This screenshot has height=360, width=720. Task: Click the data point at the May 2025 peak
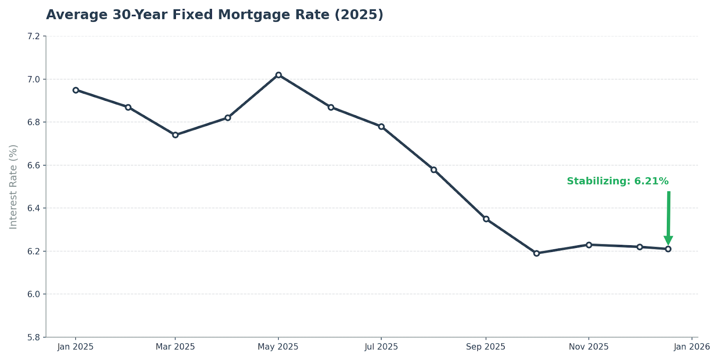(x=279, y=75)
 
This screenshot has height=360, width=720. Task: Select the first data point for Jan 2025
(x=76, y=90)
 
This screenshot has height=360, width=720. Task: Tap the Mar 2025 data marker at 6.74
(x=175, y=135)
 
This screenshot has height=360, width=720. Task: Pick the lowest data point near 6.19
(x=536, y=253)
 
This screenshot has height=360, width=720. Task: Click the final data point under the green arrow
(x=668, y=249)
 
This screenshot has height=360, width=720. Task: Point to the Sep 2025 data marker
(x=486, y=219)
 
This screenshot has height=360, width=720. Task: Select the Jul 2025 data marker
(x=381, y=126)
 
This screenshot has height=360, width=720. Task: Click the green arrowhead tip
(x=668, y=244)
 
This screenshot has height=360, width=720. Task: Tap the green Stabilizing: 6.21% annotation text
(x=617, y=181)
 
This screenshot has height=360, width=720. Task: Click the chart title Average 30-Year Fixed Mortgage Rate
(x=215, y=15)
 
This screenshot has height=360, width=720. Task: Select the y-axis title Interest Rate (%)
(x=13, y=187)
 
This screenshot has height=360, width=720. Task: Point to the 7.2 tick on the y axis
(x=34, y=36)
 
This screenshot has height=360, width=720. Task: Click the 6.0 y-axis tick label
(x=34, y=294)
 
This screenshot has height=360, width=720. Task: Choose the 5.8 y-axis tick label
(x=34, y=337)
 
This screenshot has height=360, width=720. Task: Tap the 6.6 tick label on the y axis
(x=34, y=165)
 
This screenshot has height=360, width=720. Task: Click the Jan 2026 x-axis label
(x=692, y=347)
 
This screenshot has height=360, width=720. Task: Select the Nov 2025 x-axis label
(x=589, y=347)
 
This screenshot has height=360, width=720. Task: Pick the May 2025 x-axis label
(x=278, y=347)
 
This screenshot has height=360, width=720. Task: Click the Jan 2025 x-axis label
(x=75, y=347)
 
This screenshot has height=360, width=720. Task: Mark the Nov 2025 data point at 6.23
(x=589, y=245)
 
